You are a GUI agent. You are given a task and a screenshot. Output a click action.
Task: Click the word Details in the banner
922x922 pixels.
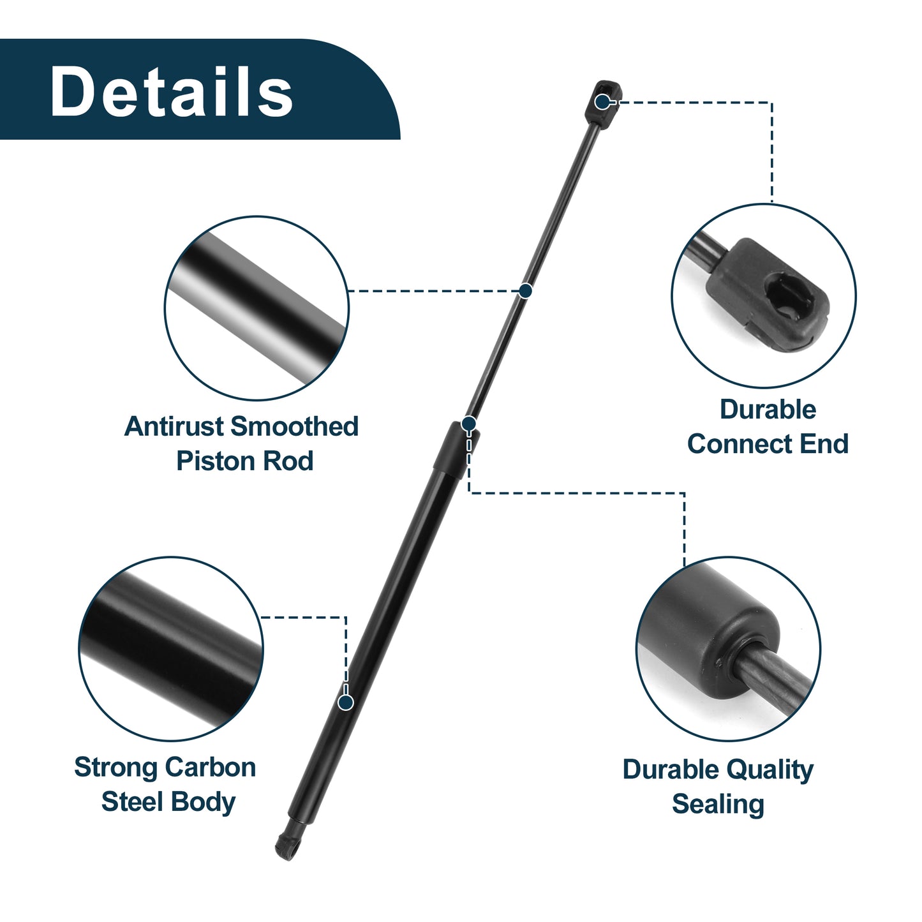171,91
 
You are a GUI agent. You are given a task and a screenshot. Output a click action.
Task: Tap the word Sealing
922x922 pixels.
718,805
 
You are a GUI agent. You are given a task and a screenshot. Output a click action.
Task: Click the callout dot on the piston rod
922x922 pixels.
525,290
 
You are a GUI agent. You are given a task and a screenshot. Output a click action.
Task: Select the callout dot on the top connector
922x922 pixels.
602,101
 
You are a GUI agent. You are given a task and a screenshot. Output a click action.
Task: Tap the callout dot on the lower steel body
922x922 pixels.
345,703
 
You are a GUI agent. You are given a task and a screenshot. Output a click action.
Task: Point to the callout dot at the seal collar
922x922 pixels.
469,424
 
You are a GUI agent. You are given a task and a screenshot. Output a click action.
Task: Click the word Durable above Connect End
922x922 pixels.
768,410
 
